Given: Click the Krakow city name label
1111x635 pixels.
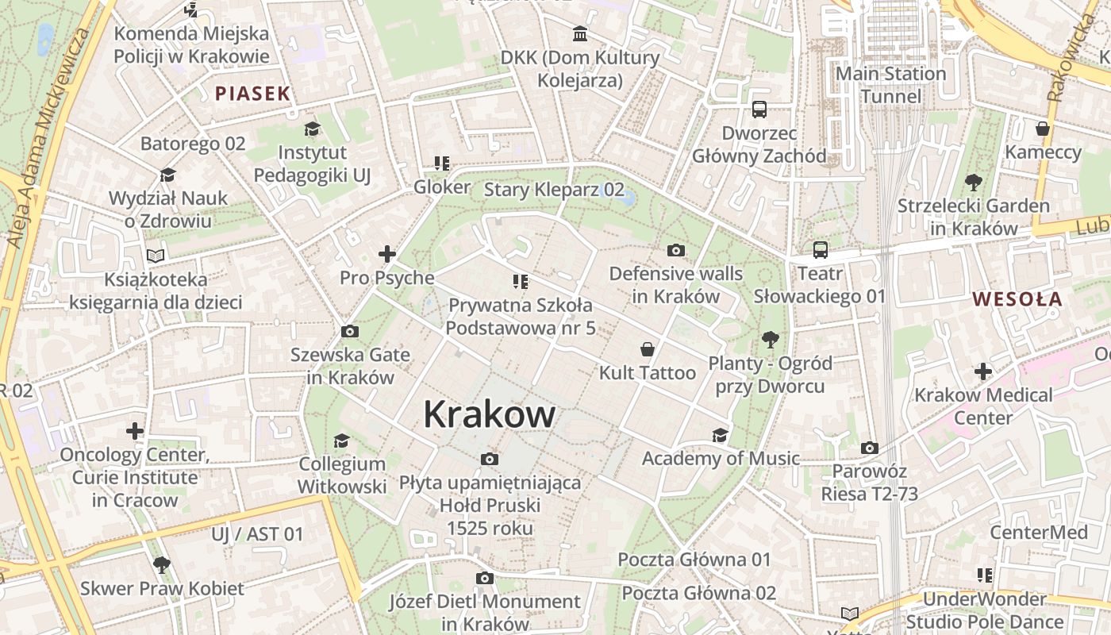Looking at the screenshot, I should click(490, 414).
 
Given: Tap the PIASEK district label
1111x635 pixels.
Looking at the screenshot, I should click(253, 94).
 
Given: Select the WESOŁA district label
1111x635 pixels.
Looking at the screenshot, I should click(1017, 299).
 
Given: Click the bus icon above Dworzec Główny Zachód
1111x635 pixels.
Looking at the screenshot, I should click(759, 110).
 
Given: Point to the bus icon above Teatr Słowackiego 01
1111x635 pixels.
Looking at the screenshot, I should click(821, 251).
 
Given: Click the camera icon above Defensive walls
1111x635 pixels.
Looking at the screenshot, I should click(676, 251).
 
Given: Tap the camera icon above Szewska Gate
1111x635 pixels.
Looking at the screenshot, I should click(349, 332).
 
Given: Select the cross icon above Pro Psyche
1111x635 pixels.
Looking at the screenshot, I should click(387, 254).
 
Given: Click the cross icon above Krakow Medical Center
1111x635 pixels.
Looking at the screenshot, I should click(983, 371).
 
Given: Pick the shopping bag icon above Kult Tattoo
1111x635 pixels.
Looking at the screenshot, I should click(648, 349).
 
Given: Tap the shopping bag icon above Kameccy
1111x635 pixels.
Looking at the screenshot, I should click(1043, 129).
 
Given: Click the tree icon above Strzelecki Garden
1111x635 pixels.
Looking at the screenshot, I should click(973, 183).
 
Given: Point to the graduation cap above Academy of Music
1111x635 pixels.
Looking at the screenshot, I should click(720, 435).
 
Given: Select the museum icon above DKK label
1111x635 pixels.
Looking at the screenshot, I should click(580, 34).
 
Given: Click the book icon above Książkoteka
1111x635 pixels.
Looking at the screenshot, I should click(156, 256).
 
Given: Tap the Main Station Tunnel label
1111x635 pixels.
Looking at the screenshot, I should click(891, 85).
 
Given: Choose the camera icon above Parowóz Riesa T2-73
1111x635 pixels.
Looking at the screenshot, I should click(870, 448).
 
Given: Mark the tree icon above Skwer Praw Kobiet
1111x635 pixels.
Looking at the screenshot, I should click(162, 565).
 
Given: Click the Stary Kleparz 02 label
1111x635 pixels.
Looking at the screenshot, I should click(554, 190).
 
